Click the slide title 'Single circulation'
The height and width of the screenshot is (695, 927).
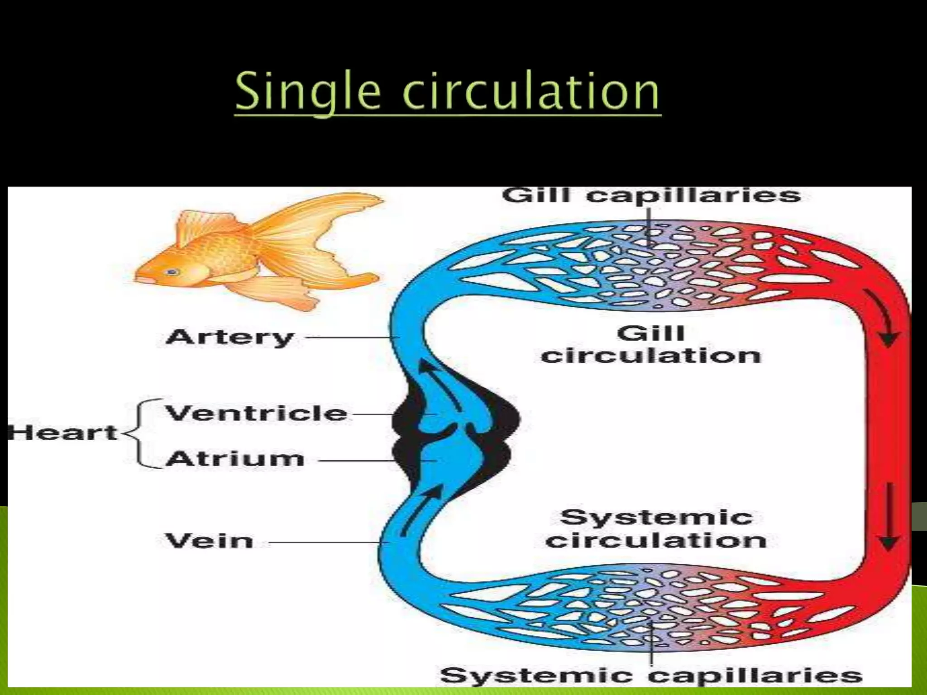pos(447,92)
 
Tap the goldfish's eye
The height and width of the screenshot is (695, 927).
pos(172,272)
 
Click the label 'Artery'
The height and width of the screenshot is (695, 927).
pos(230,338)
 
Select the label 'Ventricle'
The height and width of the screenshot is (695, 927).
pos(256,414)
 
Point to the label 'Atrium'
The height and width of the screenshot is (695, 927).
pos(235,459)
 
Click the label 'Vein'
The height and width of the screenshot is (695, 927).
pos(209,541)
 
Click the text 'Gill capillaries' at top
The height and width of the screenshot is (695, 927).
pos(651,195)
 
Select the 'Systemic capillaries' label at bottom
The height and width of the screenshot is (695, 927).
pos(651,676)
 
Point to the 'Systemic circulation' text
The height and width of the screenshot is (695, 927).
pos(656,529)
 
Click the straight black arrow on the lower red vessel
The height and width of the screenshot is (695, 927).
pos(889,516)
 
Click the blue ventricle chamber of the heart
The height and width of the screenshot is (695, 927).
pos(437,409)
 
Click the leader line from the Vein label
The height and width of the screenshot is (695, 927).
pos(326,542)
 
